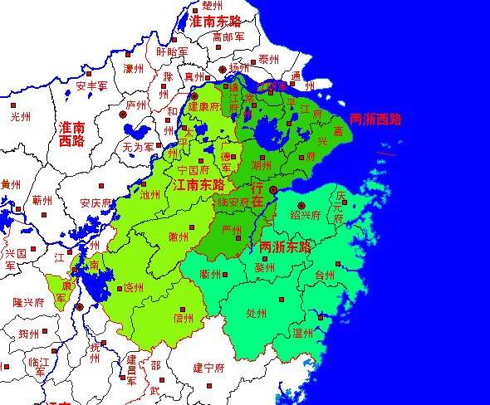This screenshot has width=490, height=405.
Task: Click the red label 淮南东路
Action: tap(217, 21)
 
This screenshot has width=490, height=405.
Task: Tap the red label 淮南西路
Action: tap(73, 134)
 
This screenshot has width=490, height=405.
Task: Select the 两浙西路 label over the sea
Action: tap(375, 119)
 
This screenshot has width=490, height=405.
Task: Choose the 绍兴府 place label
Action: tap(305, 214)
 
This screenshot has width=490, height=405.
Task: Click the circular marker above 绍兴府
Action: tap(301, 204)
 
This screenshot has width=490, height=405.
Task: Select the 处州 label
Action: tap(257, 314)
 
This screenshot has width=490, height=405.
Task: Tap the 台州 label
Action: tap(325, 276)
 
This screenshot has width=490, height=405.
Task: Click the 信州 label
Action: tap(183, 317)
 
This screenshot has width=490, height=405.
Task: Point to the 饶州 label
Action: tap(132, 287)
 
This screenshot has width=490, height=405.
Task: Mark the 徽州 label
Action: tap(178, 237)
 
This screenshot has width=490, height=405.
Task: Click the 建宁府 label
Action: tap(209, 367)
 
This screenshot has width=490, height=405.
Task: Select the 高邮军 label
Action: tap(228, 37)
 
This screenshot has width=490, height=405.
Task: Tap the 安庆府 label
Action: tap(96, 202)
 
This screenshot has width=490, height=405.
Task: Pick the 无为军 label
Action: tap(137, 146)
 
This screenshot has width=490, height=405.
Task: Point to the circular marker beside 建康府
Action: tap(194, 95)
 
